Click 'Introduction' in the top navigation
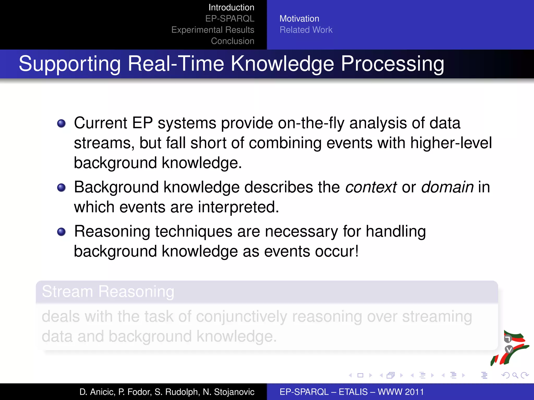pyautogui.click(x=231, y=8)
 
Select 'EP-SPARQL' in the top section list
pyautogui.click(x=229, y=19)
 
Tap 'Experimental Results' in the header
pyautogui.click(x=213, y=30)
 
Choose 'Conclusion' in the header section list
pyautogui.click(x=232, y=41)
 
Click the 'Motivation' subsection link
pyautogui.click(x=299, y=19)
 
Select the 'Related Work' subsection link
pyautogui.click(x=306, y=30)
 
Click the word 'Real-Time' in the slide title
pyautogui.click(x=176, y=64)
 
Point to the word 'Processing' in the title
pyautogui.click(x=392, y=64)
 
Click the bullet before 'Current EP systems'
pyautogui.click(x=61, y=123)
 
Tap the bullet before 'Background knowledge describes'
pyautogui.click(x=61, y=187)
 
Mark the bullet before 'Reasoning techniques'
pyautogui.click(x=61, y=232)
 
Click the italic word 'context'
pyautogui.click(x=371, y=187)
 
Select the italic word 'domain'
pyautogui.click(x=447, y=187)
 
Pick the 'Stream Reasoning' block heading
pyautogui.click(x=108, y=291)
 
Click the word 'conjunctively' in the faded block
pyautogui.click(x=241, y=317)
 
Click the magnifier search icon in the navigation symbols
pyautogui.click(x=515, y=375)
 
